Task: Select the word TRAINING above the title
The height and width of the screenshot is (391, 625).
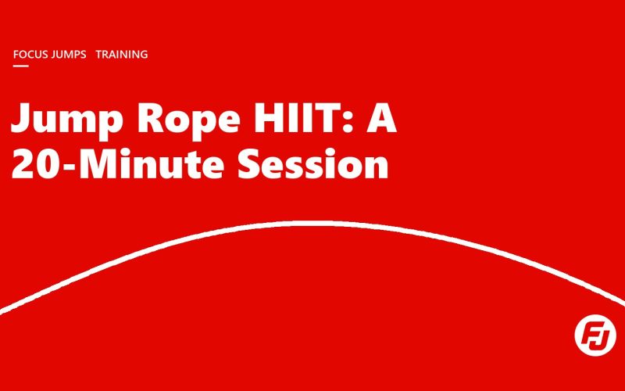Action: click(x=122, y=54)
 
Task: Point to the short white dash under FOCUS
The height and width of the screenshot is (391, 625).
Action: click(x=21, y=66)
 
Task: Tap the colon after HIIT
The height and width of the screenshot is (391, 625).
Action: click(x=348, y=123)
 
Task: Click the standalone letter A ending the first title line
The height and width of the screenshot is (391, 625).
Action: click(x=382, y=118)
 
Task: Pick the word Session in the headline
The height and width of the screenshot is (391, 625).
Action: click(x=313, y=163)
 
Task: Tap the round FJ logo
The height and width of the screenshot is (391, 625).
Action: click(x=595, y=335)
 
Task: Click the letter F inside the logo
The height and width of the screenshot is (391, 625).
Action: click(x=590, y=335)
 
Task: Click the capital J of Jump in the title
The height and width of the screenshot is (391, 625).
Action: click(x=23, y=118)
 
